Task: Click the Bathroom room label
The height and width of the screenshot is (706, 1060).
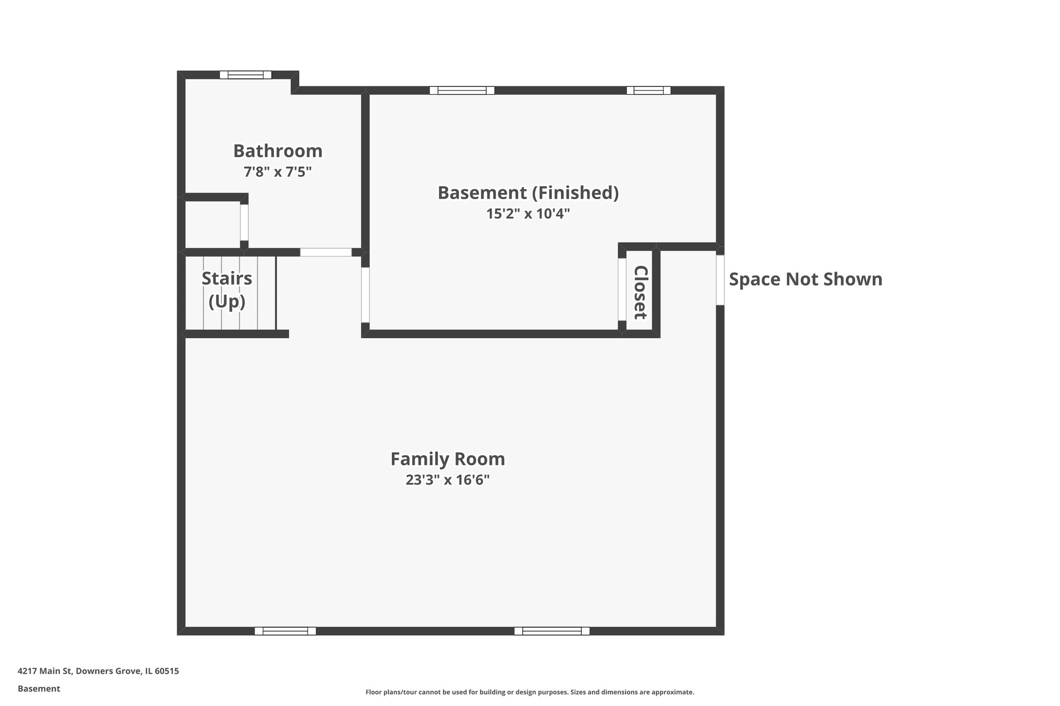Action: (x=278, y=151)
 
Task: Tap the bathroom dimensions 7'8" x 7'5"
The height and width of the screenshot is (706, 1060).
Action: (x=278, y=172)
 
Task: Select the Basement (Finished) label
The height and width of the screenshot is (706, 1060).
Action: (x=528, y=193)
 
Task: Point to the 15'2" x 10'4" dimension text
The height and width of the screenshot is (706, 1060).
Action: (x=528, y=214)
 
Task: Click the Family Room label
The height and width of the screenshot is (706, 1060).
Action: (x=448, y=459)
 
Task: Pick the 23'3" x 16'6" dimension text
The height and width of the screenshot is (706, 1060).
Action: (x=448, y=480)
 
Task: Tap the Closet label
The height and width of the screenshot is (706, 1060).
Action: (x=641, y=292)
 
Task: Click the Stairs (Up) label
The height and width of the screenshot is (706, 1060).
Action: (x=227, y=290)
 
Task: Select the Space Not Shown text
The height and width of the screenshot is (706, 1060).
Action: (x=806, y=279)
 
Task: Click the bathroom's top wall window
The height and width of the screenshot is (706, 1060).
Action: (x=245, y=74)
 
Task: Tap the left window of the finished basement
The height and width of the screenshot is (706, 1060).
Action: (x=462, y=91)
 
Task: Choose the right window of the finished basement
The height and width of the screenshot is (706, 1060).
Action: (x=649, y=91)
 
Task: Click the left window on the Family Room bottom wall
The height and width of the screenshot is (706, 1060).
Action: (x=285, y=631)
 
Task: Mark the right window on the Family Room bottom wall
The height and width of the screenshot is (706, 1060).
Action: (x=552, y=631)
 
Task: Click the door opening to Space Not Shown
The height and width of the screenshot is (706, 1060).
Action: (x=720, y=280)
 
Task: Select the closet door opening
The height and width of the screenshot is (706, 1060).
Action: (x=622, y=290)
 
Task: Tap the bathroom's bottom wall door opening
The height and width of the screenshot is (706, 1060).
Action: (x=326, y=252)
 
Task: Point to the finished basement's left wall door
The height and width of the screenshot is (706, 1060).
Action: (x=365, y=295)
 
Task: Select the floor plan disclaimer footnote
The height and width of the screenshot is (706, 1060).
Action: (x=530, y=692)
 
